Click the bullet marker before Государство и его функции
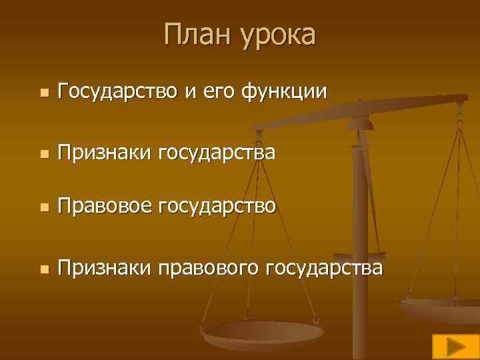point(43,93)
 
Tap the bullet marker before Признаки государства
point(43,155)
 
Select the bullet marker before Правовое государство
point(43,209)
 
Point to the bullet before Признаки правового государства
point(43,270)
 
